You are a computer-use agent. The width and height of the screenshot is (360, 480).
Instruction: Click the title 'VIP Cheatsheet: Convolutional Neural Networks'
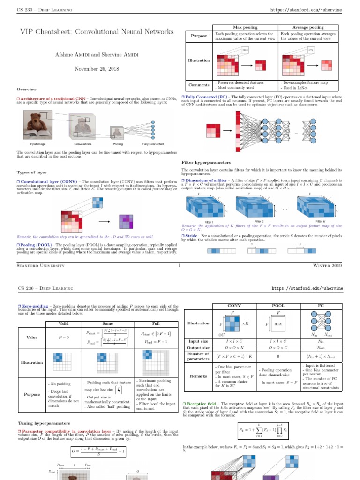(96, 32)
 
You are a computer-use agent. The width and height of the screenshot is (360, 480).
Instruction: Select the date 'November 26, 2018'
(96, 69)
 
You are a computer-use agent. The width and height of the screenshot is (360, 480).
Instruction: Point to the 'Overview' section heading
(26, 89)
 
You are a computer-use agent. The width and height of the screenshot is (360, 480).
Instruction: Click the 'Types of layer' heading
(31, 172)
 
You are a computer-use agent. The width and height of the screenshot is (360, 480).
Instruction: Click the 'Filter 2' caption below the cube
(259, 221)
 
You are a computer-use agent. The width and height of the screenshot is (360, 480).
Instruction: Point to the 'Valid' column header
(63, 323)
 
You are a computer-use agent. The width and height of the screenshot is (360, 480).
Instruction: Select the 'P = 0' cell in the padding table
(63, 337)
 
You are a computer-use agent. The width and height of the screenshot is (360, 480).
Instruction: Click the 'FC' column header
(321, 306)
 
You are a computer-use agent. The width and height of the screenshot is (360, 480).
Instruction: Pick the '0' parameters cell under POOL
(278, 356)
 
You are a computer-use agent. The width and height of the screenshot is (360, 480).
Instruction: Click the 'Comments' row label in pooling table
(198, 85)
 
